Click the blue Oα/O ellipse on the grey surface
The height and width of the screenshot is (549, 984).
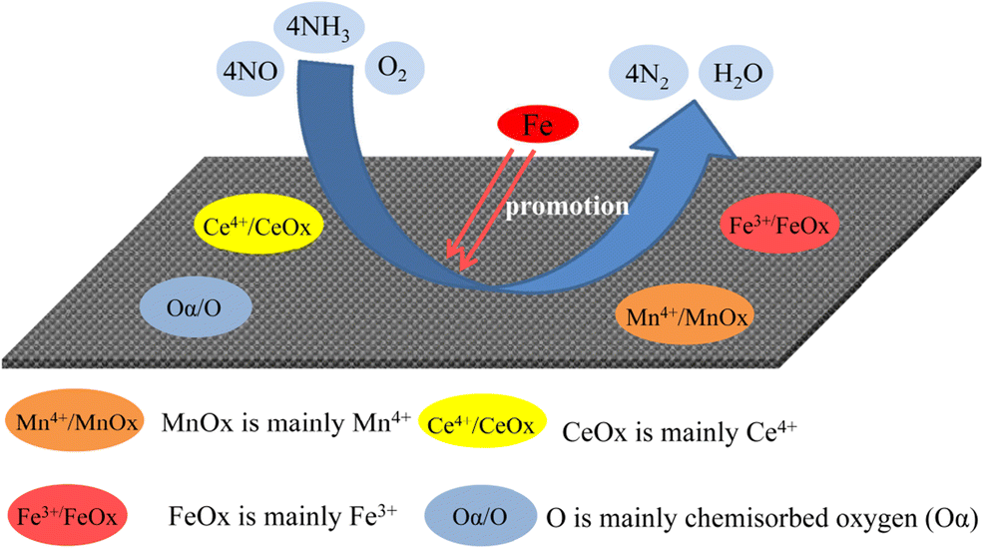coord(197,304)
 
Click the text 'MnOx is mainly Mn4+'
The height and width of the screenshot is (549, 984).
coord(286,421)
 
